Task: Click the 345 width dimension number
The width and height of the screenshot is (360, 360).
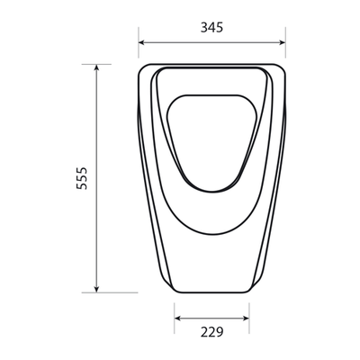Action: tap(211, 28)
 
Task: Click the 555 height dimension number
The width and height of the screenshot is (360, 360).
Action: tap(82, 178)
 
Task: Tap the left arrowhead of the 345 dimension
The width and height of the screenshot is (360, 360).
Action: tap(142, 42)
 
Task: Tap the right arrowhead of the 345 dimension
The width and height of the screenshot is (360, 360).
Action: tap(282, 42)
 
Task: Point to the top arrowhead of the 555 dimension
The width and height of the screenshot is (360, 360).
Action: tap(96, 67)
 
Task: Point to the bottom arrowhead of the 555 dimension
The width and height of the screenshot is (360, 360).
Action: tap(96, 289)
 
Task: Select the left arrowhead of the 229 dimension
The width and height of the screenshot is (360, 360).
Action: tap(178, 319)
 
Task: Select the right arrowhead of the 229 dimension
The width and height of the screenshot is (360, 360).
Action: tap(246, 319)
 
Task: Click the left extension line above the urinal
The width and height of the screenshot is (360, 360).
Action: tap(139, 42)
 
